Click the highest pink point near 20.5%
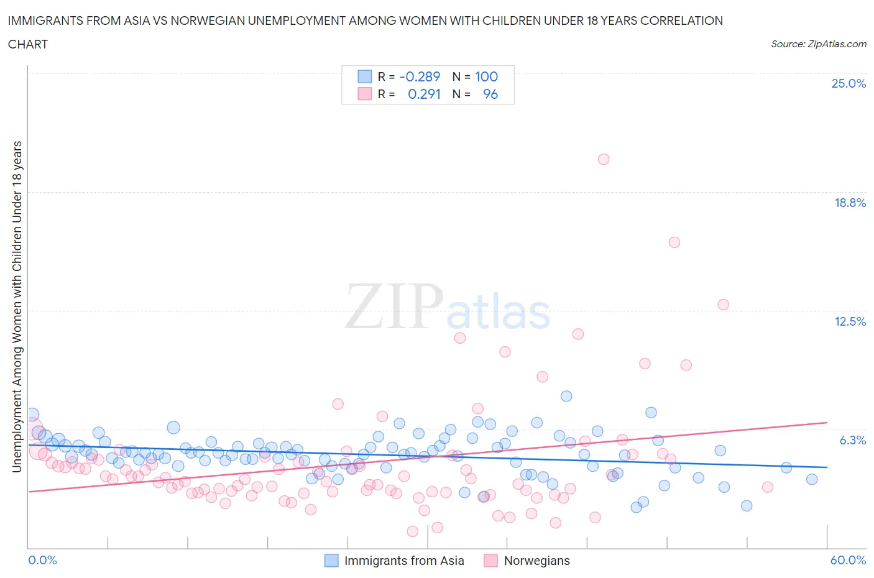point(603,159)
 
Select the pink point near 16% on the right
point(674,242)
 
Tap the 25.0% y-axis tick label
point(849,84)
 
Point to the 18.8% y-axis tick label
point(850,203)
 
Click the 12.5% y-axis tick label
point(850,321)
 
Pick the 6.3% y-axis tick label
point(852,440)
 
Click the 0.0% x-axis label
point(43,560)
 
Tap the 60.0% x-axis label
point(848,560)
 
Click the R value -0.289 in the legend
point(420,76)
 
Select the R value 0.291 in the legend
point(424,94)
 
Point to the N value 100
point(486,76)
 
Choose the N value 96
point(490,94)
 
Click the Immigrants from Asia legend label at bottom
point(404,561)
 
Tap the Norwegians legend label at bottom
point(536,561)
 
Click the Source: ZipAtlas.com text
point(818,44)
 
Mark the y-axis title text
point(17,306)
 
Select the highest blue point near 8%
point(566,396)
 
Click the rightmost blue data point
point(811,479)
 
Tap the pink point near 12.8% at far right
point(722,305)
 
